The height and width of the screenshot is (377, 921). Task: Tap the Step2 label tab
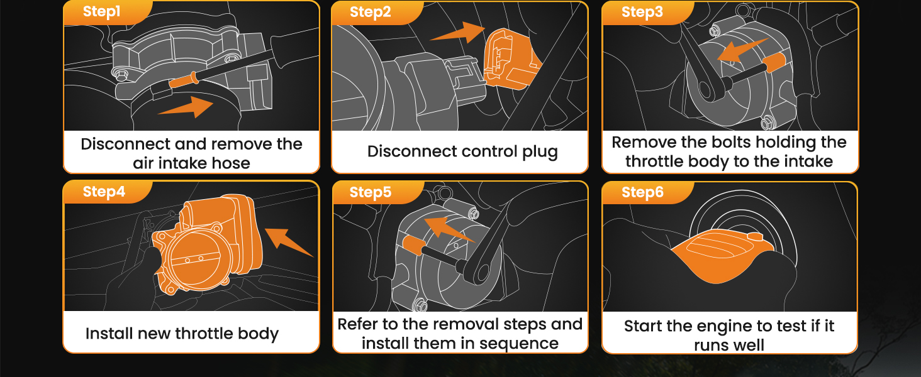(370, 13)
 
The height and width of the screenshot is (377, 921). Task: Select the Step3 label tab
(642, 13)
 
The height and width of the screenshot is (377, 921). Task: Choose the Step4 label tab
(104, 192)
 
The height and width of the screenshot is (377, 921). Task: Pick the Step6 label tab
(642, 192)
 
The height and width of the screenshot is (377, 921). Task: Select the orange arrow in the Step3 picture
(742, 50)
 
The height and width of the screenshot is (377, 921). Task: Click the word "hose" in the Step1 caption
(230, 163)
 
